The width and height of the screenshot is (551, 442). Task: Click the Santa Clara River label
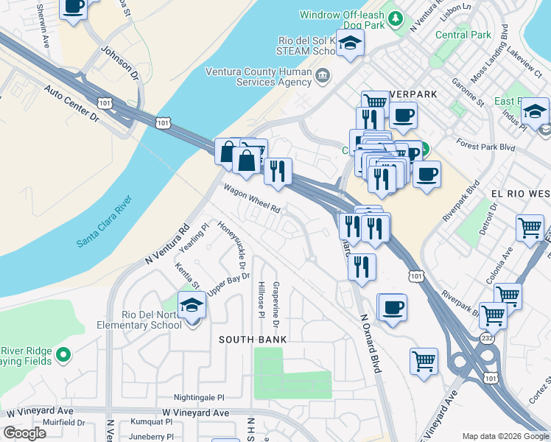pyautogui.click(x=104, y=221)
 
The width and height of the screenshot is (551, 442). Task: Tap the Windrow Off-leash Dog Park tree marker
pyautogui.click(x=396, y=18)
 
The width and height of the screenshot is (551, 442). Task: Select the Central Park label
pyautogui.click(x=463, y=35)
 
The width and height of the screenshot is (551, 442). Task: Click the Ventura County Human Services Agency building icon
pyautogui.click(x=323, y=76)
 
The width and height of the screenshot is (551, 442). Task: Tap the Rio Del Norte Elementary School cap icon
pyautogui.click(x=192, y=304)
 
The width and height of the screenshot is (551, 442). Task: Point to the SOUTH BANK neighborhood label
pyautogui.click(x=252, y=339)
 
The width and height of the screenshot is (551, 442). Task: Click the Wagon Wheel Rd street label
pyautogui.click(x=252, y=198)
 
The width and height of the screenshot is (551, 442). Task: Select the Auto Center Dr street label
pyautogui.click(x=71, y=102)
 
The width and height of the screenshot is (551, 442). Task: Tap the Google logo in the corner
pyautogui.click(x=24, y=433)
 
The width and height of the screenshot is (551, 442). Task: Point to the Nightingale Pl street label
pyautogui.click(x=199, y=396)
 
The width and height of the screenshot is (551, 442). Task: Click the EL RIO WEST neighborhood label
pyautogui.click(x=520, y=193)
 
